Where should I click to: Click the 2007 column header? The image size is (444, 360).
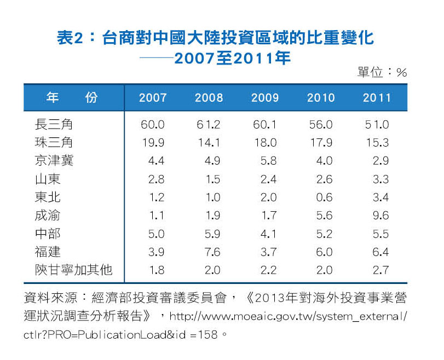point(153,98)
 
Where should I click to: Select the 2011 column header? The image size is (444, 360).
point(377,98)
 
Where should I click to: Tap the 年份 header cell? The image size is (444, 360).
point(72,98)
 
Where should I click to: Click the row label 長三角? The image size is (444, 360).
point(54,125)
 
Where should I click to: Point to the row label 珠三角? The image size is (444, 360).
point(54,143)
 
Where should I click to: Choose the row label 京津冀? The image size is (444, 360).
point(54,161)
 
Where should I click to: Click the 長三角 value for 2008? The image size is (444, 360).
point(209,125)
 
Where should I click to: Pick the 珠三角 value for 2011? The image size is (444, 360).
point(377,143)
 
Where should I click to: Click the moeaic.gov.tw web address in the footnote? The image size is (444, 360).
point(288,317)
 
